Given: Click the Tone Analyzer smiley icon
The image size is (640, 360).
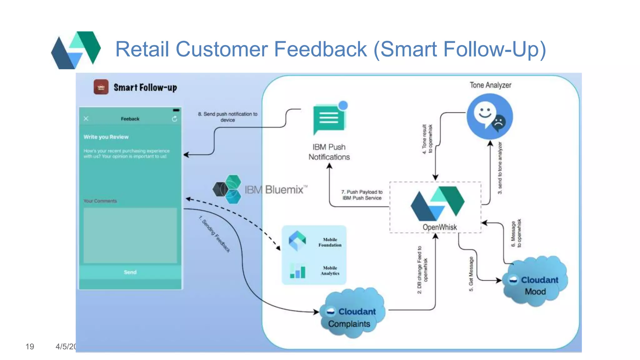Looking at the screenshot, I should [x=489, y=116].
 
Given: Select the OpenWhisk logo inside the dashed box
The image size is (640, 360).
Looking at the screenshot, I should [x=437, y=203].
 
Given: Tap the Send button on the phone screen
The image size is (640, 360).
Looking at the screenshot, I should [x=130, y=272].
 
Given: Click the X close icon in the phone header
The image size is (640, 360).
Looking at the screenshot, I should [x=86, y=118].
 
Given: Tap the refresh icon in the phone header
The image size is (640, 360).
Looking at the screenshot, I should [x=174, y=119].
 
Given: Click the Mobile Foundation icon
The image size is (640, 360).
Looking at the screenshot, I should [x=297, y=241].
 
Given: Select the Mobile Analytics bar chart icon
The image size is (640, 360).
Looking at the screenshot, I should [x=297, y=271].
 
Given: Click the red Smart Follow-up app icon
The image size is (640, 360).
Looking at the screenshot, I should [x=101, y=87].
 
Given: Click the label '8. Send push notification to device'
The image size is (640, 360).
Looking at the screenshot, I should [x=227, y=117].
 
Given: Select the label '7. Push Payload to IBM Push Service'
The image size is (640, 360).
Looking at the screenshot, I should [x=362, y=195].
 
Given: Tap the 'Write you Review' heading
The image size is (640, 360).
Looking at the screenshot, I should [x=106, y=137].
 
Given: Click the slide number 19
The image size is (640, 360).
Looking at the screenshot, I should [x=30, y=347].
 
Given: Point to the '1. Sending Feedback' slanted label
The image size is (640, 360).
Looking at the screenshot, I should [x=215, y=234].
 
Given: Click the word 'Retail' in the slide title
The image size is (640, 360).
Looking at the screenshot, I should [x=142, y=49].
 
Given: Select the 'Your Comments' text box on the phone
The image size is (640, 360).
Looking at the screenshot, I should [x=130, y=235].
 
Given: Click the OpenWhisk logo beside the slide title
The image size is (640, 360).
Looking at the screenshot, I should [x=76, y=50].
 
